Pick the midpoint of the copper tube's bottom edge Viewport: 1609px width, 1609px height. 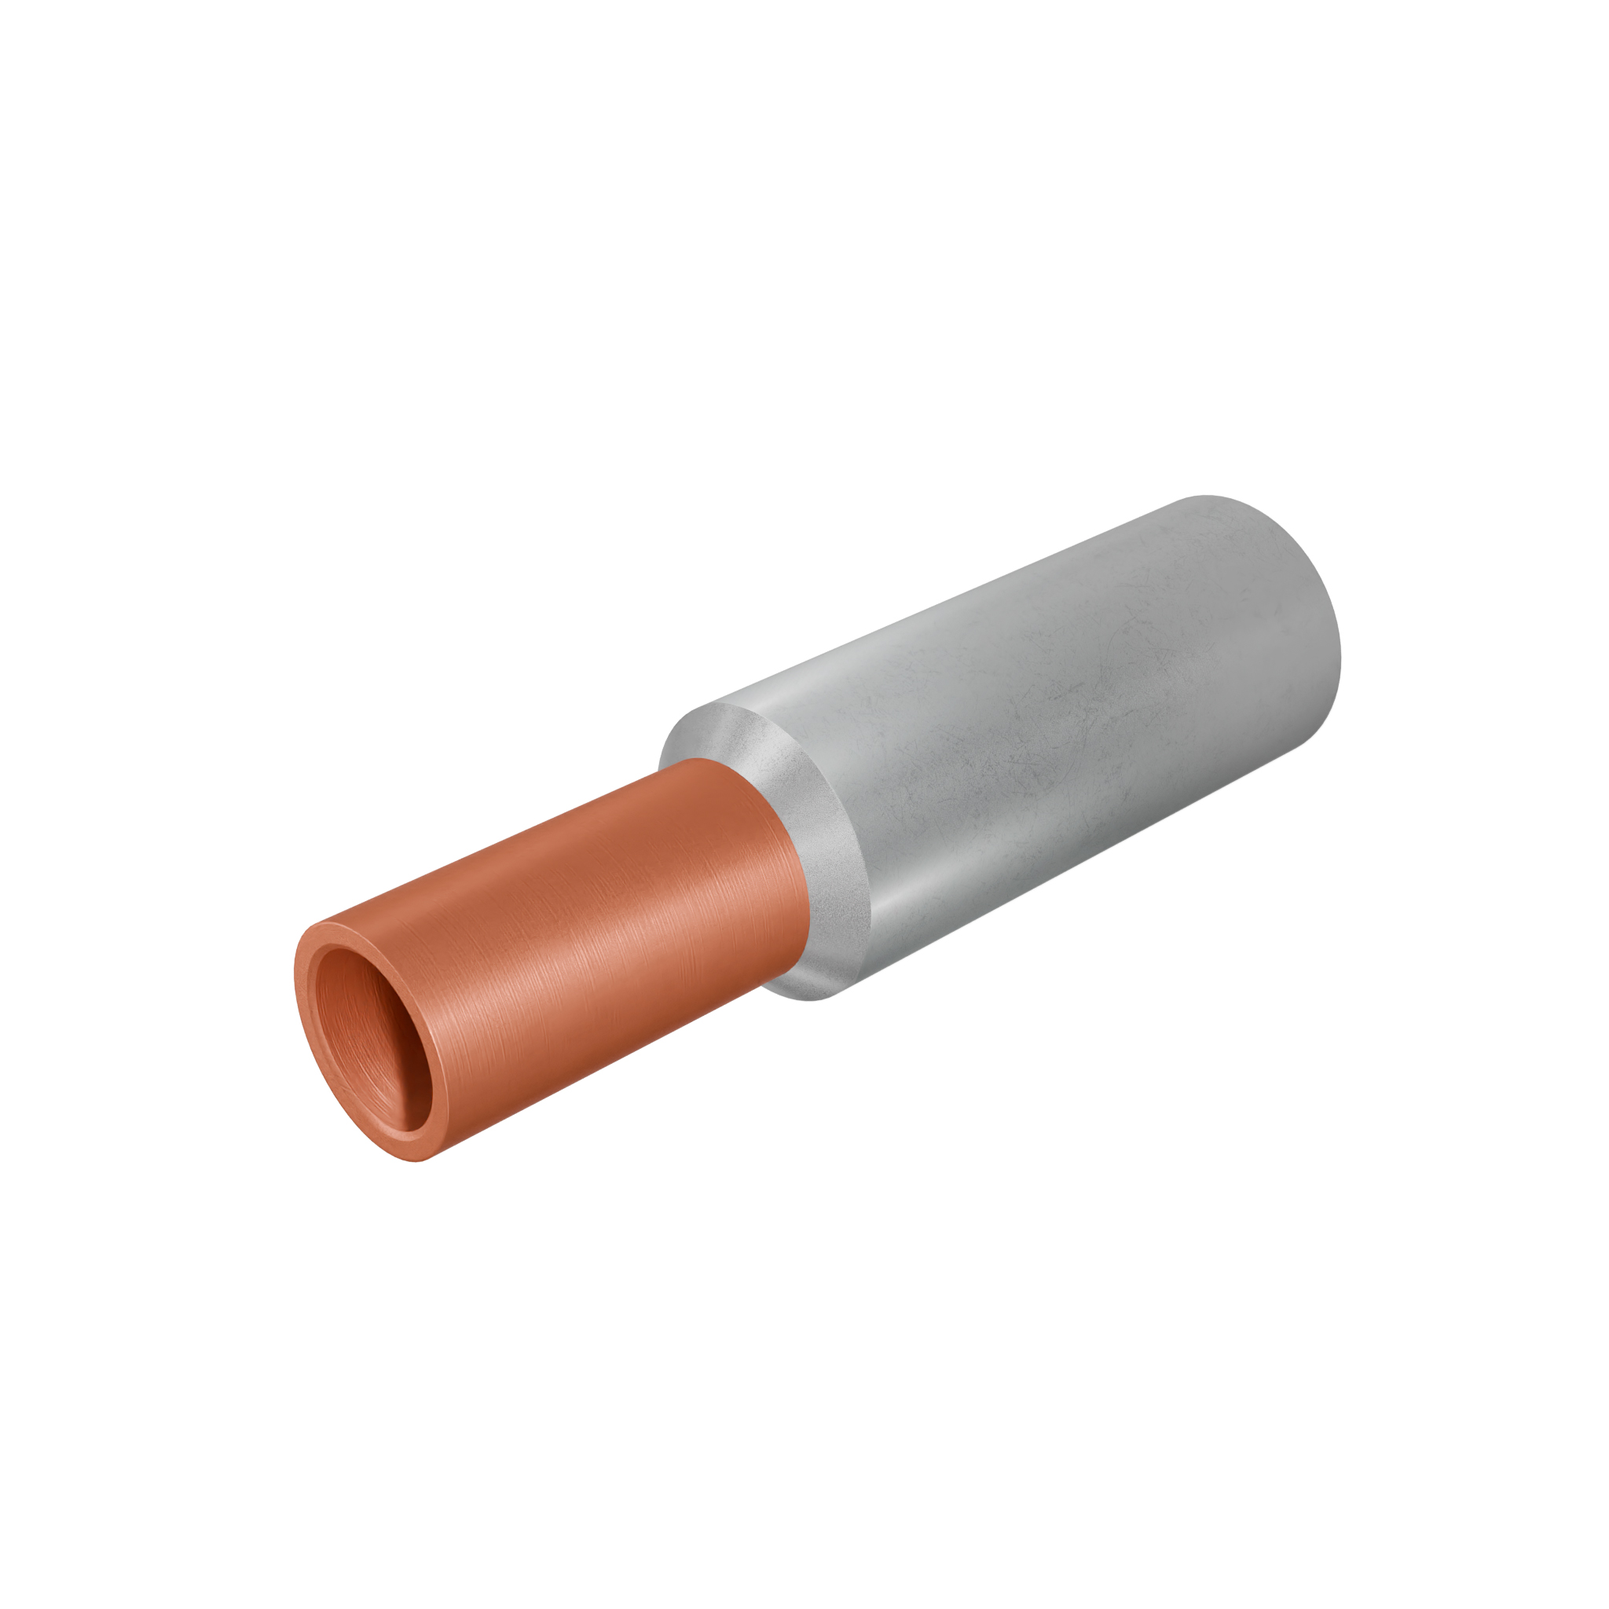click(599, 1074)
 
